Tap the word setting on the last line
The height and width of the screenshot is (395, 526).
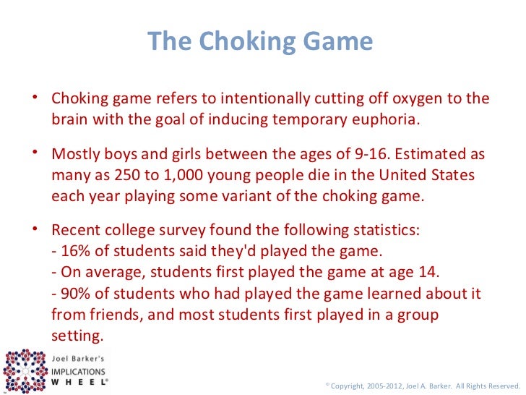(x=77, y=336)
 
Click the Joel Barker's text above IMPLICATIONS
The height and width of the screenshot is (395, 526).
(x=79, y=357)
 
